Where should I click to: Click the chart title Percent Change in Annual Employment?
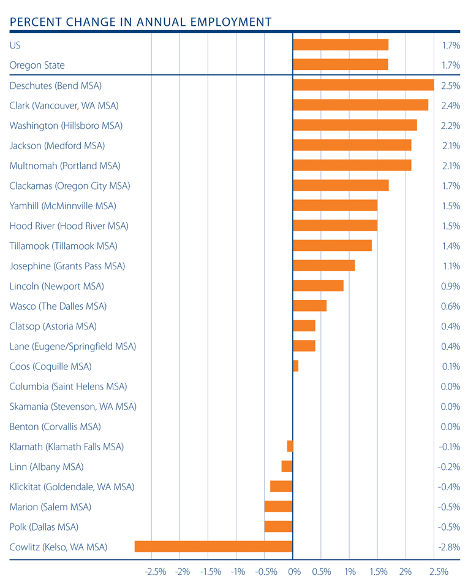(x=140, y=22)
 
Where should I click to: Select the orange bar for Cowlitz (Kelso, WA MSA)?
(x=214, y=547)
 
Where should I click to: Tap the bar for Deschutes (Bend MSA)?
(x=363, y=85)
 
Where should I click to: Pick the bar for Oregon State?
(x=341, y=65)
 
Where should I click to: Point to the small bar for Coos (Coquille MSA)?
(x=296, y=366)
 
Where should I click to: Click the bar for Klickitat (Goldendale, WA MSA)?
(x=282, y=487)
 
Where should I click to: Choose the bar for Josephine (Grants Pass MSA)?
(x=324, y=266)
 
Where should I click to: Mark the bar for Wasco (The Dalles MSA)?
(x=310, y=306)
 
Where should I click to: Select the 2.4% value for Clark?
(x=450, y=106)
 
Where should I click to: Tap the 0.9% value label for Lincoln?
(x=450, y=286)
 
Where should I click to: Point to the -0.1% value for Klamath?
(x=450, y=447)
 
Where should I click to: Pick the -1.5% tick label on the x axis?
(x=211, y=572)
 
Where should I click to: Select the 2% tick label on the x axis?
(x=406, y=572)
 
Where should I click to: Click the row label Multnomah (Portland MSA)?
(x=65, y=166)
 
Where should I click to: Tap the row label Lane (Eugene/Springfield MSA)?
(x=73, y=347)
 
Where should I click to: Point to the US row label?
(x=16, y=45)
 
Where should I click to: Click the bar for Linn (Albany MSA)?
(x=287, y=467)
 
